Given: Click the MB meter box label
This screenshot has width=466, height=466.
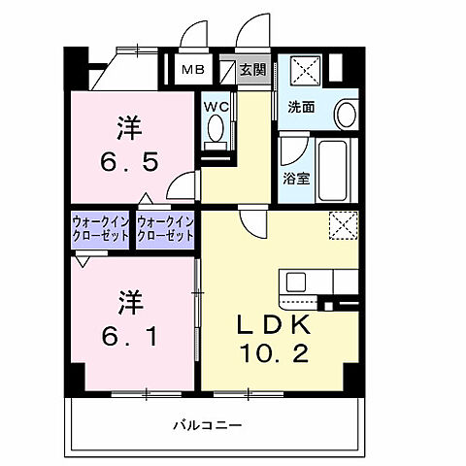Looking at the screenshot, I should pyautogui.click(x=193, y=69).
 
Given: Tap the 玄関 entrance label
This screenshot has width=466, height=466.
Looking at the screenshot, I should pyautogui.click(x=252, y=69).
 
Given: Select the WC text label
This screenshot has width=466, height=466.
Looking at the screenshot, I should pyautogui.click(x=215, y=106).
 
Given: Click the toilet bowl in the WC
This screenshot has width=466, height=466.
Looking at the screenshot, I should pyautogui.click(x=215, y=128).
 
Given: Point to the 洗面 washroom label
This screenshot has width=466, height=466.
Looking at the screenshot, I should pyautogui.click(x=300, y=107).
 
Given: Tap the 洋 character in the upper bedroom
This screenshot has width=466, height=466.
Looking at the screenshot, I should pyautogui.click(x=130, y=124).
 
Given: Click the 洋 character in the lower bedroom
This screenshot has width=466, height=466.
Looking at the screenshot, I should pyautogui.click(x=130, y=301).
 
